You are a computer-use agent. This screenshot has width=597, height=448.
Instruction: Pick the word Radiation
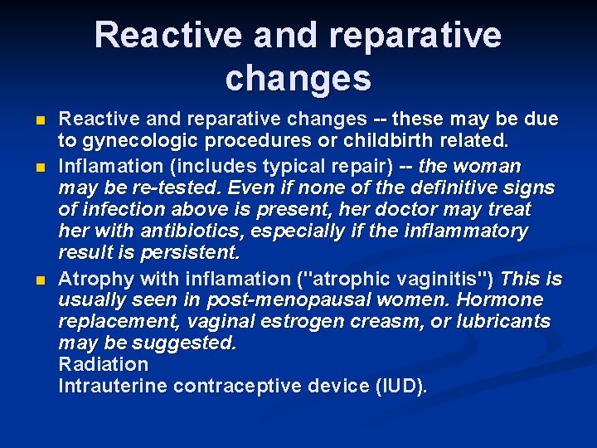point(104,365)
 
